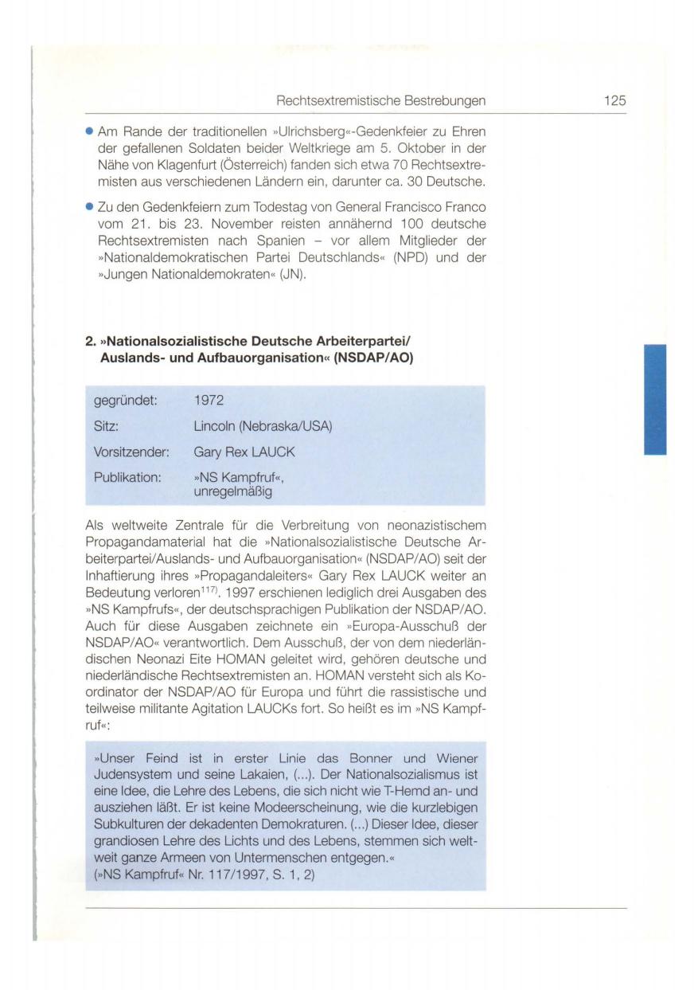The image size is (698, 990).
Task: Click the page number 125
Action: coord(614,100)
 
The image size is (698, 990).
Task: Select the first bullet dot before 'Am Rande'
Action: coord(89,131)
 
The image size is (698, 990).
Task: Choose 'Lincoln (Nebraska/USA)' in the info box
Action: coord(263,427)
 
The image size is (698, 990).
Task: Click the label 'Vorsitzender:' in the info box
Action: coord(132,452)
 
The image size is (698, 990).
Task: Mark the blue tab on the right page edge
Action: coord(655,399)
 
